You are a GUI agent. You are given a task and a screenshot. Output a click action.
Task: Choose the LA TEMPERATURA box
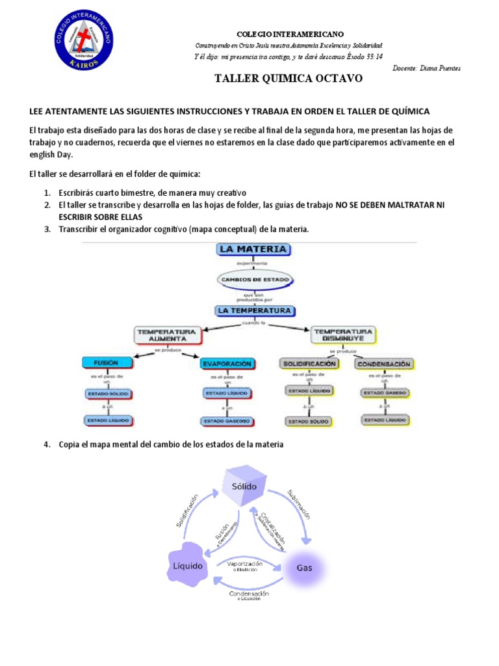pos(254,310)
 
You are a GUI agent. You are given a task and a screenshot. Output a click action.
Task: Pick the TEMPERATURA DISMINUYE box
pos(343,334)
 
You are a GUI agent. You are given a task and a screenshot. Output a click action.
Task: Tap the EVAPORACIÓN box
pos(226,364)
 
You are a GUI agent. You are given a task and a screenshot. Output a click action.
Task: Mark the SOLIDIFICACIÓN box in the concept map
pos(309,363)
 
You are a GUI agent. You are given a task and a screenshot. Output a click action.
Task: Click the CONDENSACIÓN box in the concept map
pos(383,364)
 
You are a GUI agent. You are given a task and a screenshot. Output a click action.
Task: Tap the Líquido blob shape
pos(187,565)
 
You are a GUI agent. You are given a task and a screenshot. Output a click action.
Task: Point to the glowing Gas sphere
pos(304,567)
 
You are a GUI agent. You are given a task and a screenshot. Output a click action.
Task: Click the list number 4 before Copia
pos(47,444)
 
